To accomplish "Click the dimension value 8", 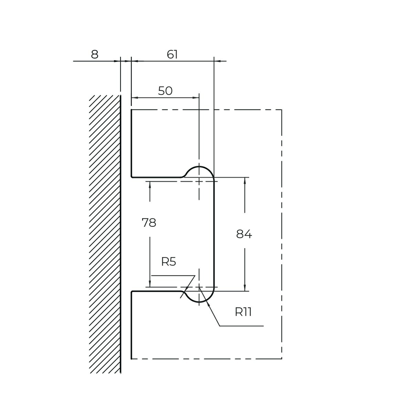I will coord(95,55).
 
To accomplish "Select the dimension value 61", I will coord(172,55).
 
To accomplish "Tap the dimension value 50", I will coord(165,91).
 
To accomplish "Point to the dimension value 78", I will coord(149,223).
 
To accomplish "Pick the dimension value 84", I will coord(244,234).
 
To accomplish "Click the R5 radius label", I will coord(169,262).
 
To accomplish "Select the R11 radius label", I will coord(243,312).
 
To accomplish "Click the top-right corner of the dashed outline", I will coord(282,110).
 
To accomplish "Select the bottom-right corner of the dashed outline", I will coord(282,359).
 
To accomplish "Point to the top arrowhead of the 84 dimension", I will coord(245,180).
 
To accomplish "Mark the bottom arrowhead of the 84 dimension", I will coord(245,288).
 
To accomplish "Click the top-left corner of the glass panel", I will coord(131,110).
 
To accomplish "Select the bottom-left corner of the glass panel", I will coord(131,359).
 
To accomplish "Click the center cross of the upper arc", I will coord(199,181).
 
